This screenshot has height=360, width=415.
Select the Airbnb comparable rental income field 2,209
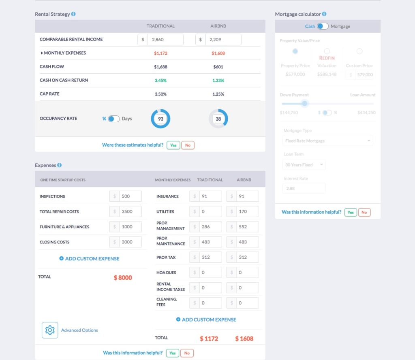[222, 39]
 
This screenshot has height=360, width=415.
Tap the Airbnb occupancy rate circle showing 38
[218, 119]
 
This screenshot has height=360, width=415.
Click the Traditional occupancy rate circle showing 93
[160, 119]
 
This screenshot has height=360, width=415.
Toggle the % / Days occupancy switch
[114, 119]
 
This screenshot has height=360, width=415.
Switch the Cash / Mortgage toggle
[323, 26]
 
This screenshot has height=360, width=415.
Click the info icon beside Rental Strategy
[73, 14]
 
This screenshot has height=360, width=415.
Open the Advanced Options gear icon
[50, 330]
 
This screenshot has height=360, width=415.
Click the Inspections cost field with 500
[130, 196]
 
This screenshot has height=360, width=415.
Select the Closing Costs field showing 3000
[130, 242]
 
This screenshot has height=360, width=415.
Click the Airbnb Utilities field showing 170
[247, 211]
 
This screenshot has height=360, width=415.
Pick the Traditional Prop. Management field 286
[210, 227]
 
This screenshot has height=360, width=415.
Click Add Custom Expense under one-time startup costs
[90, 258]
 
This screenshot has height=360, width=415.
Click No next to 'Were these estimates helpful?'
[188, 145]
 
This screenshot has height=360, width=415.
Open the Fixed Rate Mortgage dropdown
[328, 141]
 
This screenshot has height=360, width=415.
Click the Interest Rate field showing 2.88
[304, 189]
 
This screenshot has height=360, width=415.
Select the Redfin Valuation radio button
[327, 51]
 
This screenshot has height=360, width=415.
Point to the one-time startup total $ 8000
[123, 278]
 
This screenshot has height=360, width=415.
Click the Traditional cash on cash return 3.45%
[160, 80]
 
